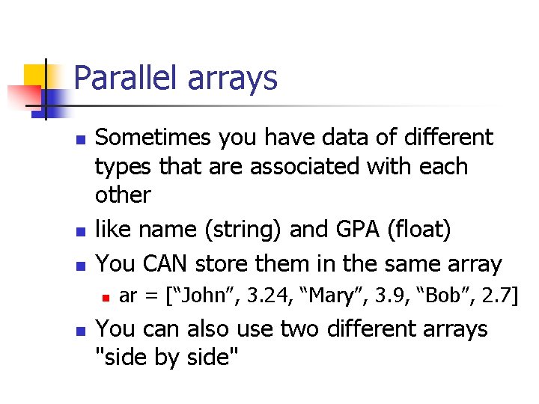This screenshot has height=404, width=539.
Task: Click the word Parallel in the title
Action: click(x=121, y=78)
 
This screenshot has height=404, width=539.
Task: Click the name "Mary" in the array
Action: click(x=313, y=296)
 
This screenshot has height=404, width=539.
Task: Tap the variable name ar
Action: click(x=127, y=296)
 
